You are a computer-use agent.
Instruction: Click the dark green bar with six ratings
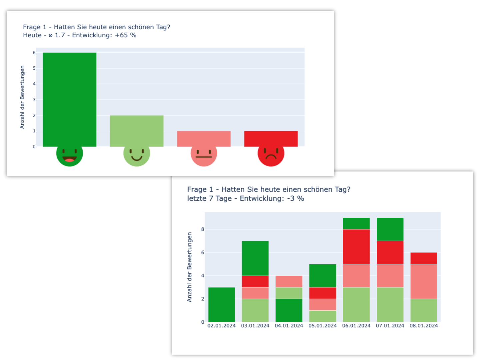point(69,99)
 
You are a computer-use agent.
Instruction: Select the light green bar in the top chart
point(137,131)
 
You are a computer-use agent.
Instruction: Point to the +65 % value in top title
point(126,35)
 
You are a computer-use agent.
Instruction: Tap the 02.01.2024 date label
point(221,326)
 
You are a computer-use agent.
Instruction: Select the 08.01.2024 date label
point(424,326)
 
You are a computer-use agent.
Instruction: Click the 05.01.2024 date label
point(322,326)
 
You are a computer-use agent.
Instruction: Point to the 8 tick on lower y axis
point(203,229)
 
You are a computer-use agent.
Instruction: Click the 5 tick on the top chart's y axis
point(34,68)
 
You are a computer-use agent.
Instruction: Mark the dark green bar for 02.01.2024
point(222,304)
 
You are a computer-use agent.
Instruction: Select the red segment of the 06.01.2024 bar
point(356,247)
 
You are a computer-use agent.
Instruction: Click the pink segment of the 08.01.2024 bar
point(424,281)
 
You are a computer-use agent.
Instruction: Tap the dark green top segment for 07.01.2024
point(390,229)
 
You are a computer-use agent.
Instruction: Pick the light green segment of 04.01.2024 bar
point(289,293)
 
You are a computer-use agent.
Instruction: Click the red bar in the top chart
point(271,139)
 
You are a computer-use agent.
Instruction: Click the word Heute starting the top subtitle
point(32,35)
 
